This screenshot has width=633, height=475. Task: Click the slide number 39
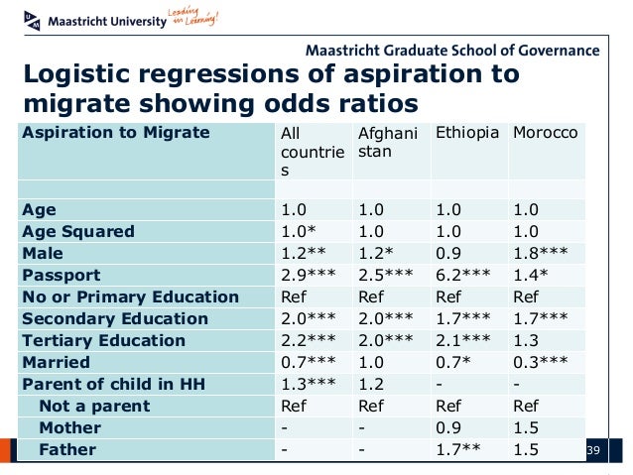pos(595,451)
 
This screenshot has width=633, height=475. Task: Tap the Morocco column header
pos(545,133)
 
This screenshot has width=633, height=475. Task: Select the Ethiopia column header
pos(467,133)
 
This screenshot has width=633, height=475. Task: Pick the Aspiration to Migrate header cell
pos(116,133)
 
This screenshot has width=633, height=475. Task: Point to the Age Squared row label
pos(78,232)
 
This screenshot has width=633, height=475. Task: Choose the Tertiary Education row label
pos(103,341)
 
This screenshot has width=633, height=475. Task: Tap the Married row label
pos(56,363)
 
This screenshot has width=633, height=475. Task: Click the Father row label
pos(67,450)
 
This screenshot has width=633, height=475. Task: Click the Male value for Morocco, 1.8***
pos(541,254)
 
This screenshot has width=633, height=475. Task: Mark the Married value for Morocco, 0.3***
pos(541,363)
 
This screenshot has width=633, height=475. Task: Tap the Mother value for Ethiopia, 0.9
pos(448,428)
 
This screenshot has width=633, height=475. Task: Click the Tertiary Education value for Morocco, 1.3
pos(526,341)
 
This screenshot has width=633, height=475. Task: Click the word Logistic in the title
pos(81,75)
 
